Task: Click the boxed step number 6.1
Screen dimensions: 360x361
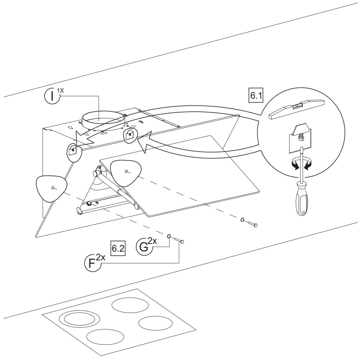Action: (256, 95)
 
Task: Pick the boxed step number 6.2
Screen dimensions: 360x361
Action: (118, 248)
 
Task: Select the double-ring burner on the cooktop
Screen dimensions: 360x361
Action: (77, 319)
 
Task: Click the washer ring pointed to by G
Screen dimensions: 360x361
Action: (169, 236)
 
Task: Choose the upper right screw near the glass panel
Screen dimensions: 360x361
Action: (252, 224)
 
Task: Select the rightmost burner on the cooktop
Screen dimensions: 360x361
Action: (155, 323)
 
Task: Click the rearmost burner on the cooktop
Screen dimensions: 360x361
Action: (130, 306)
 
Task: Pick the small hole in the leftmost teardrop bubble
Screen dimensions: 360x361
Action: (53, 188)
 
